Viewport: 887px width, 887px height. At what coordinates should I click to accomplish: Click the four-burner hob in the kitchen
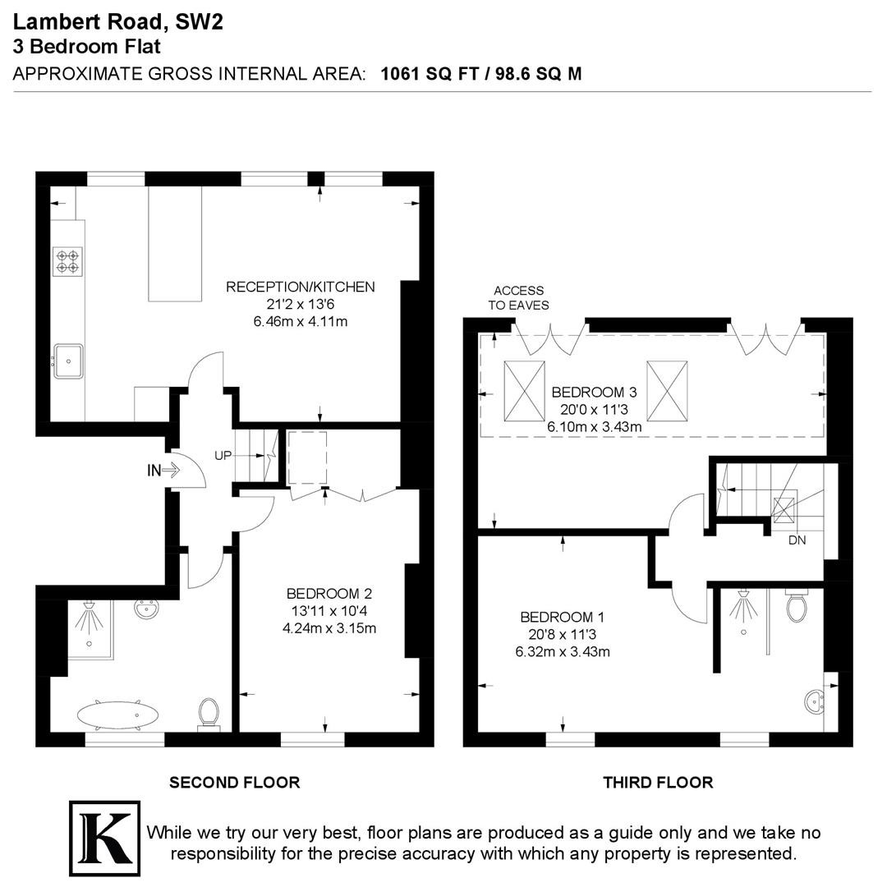[x=68, y=261]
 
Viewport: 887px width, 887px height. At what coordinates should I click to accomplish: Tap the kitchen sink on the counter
[x=68, y=361]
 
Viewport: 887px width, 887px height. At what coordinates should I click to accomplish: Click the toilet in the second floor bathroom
[x=208, y=714]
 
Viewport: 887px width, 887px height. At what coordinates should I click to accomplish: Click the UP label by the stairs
[x=223, y=455]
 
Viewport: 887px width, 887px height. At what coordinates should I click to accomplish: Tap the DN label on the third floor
[x=797, y=540]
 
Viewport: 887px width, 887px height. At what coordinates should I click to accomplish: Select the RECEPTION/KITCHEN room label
[x=301, y=287]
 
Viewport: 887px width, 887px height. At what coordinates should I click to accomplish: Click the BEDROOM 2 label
[x=329, y=594]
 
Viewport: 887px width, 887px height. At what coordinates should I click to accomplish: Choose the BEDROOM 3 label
[x=594, y=392]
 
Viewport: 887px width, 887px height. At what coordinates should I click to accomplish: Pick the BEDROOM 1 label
[x=563, y=617]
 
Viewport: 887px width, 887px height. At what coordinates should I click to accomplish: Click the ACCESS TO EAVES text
[x=519, y=297]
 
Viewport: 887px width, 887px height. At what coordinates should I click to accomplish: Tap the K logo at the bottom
[x=104, y=838]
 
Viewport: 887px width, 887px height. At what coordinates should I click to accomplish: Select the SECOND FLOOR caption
[x=235, y=783]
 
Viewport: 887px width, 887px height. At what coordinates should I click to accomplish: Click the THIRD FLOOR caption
[x=658, y=783]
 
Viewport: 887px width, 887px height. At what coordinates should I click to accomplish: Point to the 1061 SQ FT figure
[x=430, y=74]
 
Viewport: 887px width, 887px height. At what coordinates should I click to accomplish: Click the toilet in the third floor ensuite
[x=797, y=605]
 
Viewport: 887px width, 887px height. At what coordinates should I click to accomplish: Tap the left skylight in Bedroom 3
[x=524, y=391]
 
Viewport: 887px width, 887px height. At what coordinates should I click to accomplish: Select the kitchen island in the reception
[x=175, y=244]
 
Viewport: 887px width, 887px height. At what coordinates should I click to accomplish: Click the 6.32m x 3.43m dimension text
[x=563, y=651]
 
